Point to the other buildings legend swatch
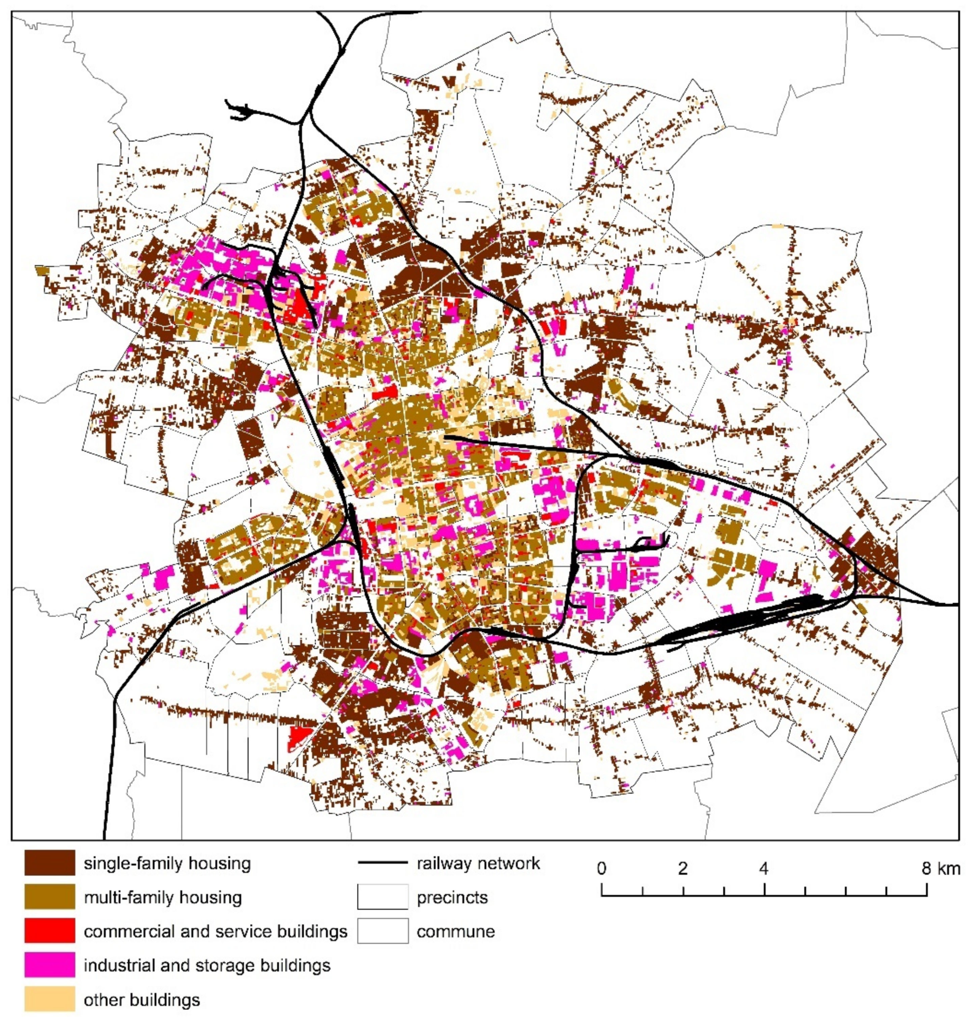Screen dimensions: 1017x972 (x=49, y=1000)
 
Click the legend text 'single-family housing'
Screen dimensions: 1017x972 (x=167, y=864)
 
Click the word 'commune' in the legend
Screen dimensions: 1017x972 (x=456, y=932)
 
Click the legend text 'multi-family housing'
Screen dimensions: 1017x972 (x=163, y=898)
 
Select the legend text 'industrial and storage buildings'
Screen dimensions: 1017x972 (x=207, y=966)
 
